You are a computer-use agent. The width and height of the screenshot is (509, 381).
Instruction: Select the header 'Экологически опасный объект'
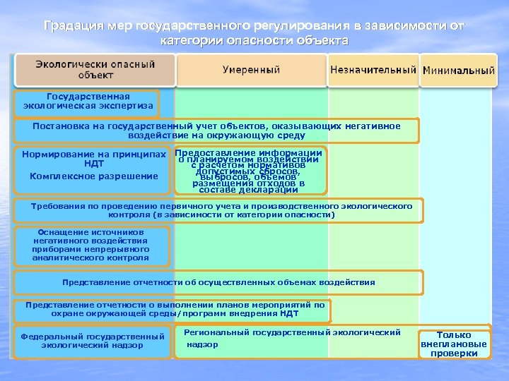click(95, 69)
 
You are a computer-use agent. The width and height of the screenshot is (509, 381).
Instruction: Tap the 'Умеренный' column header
click(251, 70)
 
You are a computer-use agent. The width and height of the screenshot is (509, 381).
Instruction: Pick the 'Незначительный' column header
click(372, 70)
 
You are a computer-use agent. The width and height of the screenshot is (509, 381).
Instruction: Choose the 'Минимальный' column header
click(458, 71)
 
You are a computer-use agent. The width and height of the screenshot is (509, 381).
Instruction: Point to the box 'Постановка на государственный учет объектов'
click(216, 131)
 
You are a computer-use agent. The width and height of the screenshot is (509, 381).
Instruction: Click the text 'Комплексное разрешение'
click(93, 176)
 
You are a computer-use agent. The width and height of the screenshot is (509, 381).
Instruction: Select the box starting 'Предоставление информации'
click(250, 171)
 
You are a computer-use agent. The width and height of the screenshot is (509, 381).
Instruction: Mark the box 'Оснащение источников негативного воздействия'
click(90, 245)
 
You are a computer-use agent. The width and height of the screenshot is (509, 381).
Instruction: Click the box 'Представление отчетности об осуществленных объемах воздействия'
click(218, 282)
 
